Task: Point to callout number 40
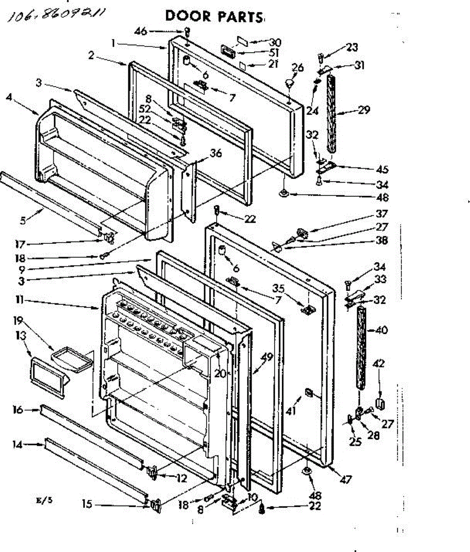pos(382,330)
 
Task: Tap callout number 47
pos(346,480)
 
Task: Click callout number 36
pos(216,154)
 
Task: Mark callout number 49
pos(267,356)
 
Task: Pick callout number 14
pos(18,444)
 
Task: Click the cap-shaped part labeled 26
pos(290,84)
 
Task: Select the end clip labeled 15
pos(155,506)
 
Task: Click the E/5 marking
pos(45,501)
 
